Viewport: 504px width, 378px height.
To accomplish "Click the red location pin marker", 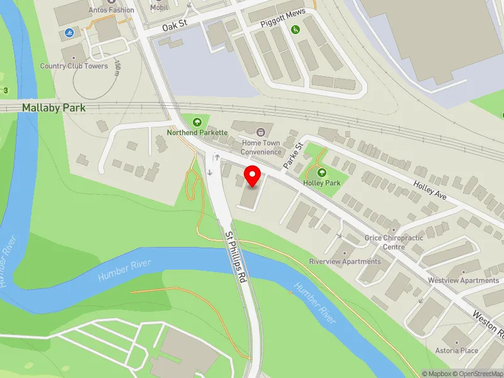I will (x=253, y=176).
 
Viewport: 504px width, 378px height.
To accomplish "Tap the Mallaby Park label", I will (x=54, y=108).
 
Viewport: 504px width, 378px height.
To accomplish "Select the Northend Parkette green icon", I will (x=197, y=122).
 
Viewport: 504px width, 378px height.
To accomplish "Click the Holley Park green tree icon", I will (x=322, y=173).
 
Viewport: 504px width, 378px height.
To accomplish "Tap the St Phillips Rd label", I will (x=237, y=255).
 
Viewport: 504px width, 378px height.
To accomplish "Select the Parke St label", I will (x=293, y=154).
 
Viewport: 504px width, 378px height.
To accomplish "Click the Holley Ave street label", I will (x=430, y=191).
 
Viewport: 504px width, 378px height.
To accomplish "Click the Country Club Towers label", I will (x=74, y=66).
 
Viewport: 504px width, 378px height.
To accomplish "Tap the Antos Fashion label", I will (x=112, y=10).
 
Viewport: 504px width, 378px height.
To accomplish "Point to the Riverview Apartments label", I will (x=345, y=261).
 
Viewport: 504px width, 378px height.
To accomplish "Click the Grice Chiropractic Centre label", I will (x=394, y=243).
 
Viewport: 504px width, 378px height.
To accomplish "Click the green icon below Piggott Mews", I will (x=295, y=29).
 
